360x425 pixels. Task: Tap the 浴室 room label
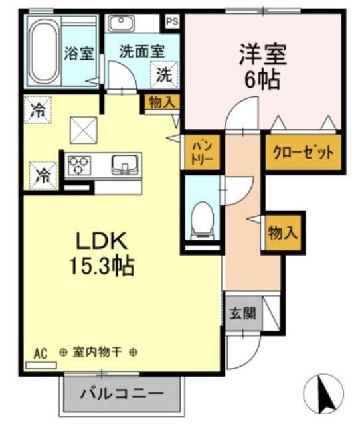coord(78,54)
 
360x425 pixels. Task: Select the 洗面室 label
coord(141,50)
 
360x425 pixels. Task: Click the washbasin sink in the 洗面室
coord(122,23)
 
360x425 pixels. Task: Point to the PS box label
coord(172,21)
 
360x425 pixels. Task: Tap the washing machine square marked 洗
coord(163,74)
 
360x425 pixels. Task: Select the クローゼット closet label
coord(303,152)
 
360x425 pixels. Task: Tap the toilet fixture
coord(201,218)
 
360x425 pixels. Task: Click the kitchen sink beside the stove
coord(124,163)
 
